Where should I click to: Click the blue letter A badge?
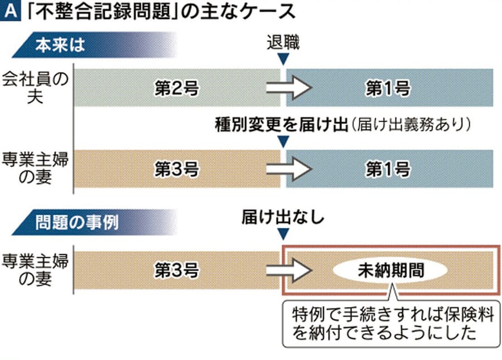point(11,11)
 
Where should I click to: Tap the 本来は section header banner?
point(93,45)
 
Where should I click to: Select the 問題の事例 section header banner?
point(93,222)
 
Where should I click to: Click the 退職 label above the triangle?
point(283,42)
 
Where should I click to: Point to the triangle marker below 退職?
point(283,59)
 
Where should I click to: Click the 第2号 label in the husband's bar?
point(177,88)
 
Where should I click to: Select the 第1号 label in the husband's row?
point(388,88)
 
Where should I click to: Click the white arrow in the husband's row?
point(289,88)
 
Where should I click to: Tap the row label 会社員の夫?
point(35,88)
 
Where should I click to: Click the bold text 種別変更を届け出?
point(282,124)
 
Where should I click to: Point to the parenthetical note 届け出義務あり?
point(411,124)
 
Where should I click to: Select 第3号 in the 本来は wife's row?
point(177,169)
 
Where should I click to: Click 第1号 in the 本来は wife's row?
point(388,169)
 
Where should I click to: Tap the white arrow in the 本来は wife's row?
point(289,169)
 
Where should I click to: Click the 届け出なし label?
point(283,217)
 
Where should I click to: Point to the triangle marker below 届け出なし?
point(283,234)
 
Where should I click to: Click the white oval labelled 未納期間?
point(390,270)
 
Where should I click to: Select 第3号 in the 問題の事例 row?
point(177,270)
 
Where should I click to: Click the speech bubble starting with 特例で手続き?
point(391,324)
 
